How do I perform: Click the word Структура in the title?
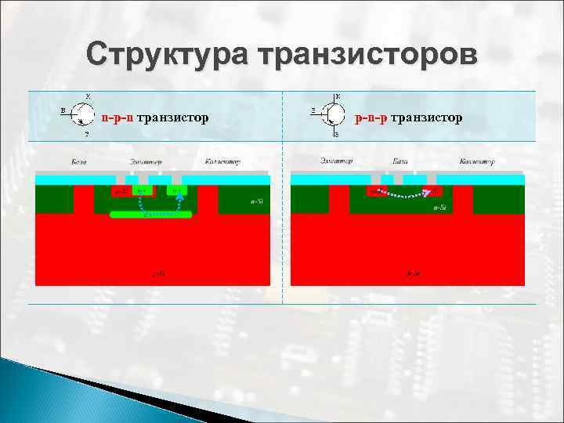click(x=165, y=56)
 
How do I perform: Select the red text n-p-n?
click(x=117, y=117)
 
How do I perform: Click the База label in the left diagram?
click(x=78, y=161)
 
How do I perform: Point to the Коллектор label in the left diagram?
click(x=222, y=161)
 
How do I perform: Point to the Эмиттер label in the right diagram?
click(x=336, y=161)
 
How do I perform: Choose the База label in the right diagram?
click(x=399, y=161)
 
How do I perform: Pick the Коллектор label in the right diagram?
click(x=476, y=161)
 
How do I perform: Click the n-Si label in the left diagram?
click(x=256, y=202)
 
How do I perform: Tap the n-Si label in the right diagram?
click(x=439, y=208)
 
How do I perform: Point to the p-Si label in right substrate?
click(x=413, y=273)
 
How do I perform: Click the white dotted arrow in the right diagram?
click(x=399, y=193)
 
